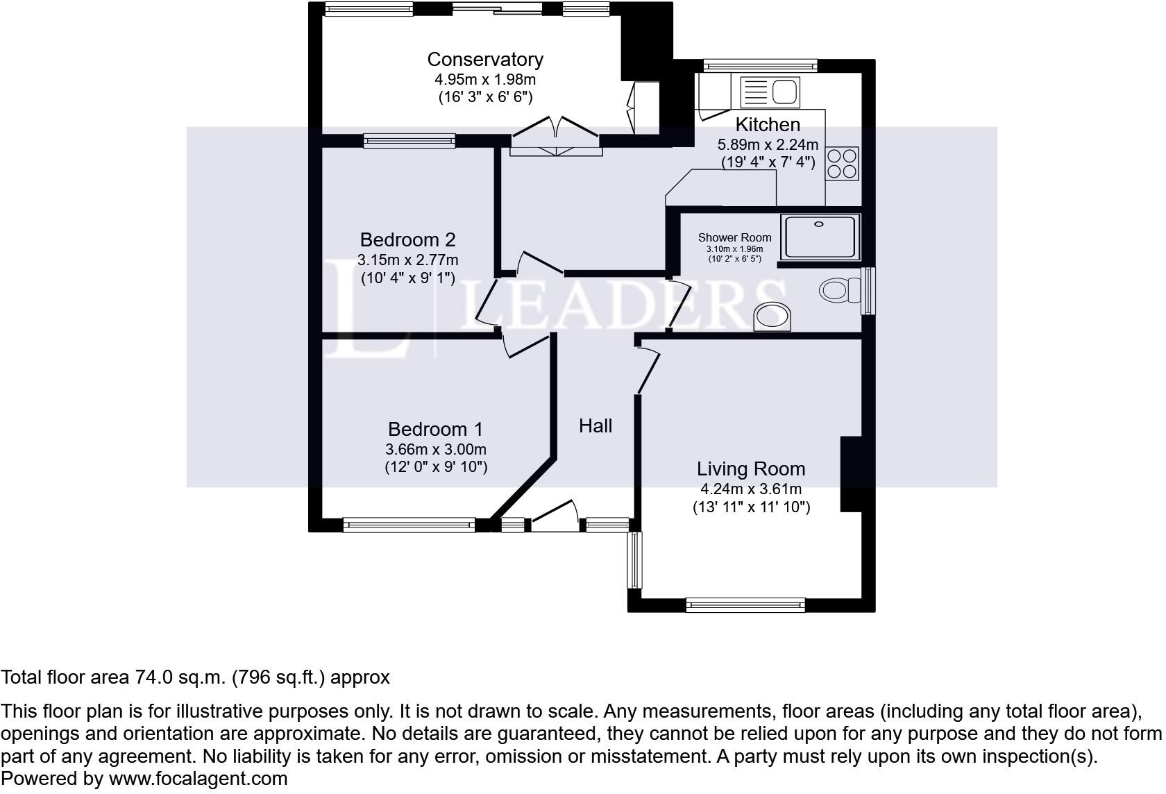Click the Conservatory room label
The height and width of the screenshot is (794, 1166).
(x=484, y=60)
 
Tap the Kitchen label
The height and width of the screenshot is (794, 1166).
(x=767, y=125)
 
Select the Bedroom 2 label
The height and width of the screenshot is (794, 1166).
(x=407, y=240)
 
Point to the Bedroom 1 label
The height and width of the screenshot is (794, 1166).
(x=435, y=430)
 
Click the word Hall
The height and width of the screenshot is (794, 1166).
(x=595, y=425)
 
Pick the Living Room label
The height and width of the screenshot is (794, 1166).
(x=751, y=469)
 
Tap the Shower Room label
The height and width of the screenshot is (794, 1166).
(x=734, y=237)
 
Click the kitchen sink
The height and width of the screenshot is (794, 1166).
(x=770, y=92)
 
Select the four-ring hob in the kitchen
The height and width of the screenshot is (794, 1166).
(x=842, y=164)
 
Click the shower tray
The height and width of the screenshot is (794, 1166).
(x=820, y=237)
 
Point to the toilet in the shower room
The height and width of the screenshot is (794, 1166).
(x=837, y=289)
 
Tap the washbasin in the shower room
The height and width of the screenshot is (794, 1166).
(x=772, y=316)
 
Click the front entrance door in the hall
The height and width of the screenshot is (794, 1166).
(x=555, y=517)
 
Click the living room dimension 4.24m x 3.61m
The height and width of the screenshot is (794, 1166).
(x=751, y=489)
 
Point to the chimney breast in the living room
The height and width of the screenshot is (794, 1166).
(x=851, y=474)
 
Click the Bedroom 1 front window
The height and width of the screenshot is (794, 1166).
(x=409, y=525)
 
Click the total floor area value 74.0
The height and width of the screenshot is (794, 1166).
(x=151, y=677)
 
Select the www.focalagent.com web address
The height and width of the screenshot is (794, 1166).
(x=198, y=779)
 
